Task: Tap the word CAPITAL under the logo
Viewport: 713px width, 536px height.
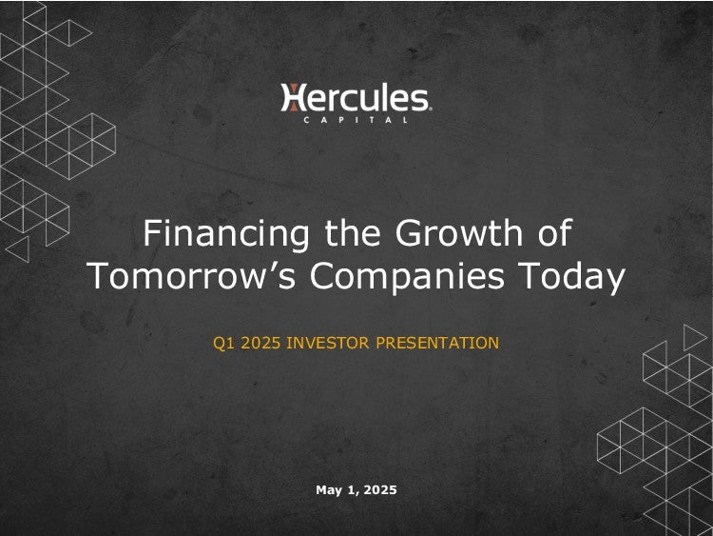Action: click(x=356, y=120)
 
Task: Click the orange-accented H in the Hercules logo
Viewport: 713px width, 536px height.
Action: click(x=292, y=97)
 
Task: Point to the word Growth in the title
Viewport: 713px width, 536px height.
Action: click(x=459, y=232)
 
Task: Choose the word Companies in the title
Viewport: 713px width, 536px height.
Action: click(x=407, y=276)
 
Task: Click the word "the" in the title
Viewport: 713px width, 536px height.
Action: click(x=353, y=232)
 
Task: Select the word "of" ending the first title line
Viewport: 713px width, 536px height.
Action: click(x=554, y=232)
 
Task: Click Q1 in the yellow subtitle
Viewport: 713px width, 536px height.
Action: click(x=223, y=343)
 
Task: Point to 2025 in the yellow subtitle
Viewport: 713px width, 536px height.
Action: click(x=260, y=343)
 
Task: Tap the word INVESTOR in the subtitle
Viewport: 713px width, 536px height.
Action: click(x=328, y=343)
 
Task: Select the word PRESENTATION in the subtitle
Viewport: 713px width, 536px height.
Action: click(x=437, y=343)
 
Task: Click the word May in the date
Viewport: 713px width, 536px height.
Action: click(x=329, y=490)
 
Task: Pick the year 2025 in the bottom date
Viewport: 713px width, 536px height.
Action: click(x=380, y=490)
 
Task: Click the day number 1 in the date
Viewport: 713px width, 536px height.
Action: click(x=351, y=490)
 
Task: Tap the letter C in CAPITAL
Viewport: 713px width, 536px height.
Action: click(x=306, y=120)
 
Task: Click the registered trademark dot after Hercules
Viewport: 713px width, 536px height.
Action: click(x=430, y=109)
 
